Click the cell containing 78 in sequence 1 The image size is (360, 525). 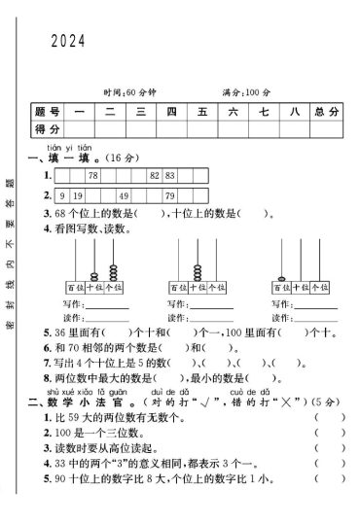[x=93, y=175]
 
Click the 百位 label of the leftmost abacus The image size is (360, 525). [x=75, y=288]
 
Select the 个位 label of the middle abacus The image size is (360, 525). [x=220, y=288]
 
